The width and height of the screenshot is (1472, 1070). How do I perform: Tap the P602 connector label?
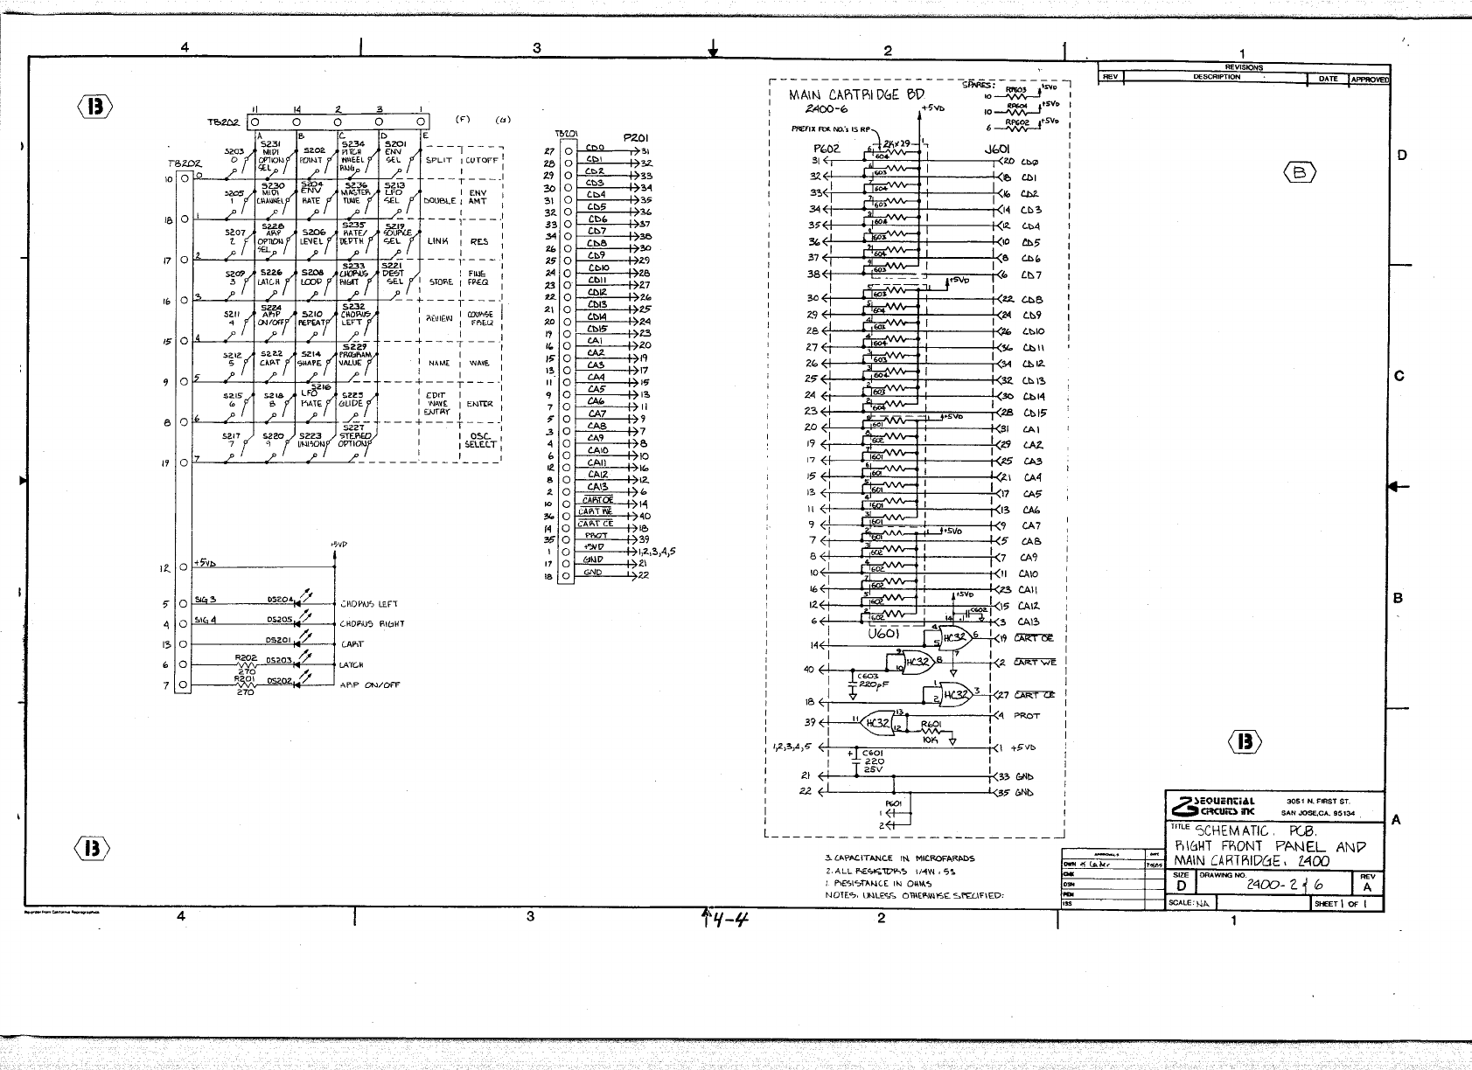click(x=827, y=149)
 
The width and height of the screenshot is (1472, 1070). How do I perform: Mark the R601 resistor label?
click(x=931, y=724)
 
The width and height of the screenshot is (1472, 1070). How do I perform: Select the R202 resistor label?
click(x=245, y=657)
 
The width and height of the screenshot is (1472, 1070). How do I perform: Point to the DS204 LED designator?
click(x=280, y=600)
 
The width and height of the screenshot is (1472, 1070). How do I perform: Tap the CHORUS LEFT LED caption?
click(x=369, y=604)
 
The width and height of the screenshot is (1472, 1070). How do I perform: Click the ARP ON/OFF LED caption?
click(x=369, y=685)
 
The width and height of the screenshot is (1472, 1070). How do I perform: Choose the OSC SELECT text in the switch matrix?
click(x=480, y=440)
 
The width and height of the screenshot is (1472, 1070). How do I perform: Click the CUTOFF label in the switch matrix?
click(x=481, y=160)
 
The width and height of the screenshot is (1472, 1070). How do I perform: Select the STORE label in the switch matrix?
click(x=441, y=282)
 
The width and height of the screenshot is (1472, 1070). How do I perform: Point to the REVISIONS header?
click(x=1243, y=67)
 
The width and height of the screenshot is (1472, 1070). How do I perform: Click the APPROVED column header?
click(x=1370, y=79)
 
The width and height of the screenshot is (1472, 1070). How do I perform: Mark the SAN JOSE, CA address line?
click(x=1318, y=813)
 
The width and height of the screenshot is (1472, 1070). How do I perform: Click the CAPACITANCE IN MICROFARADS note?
click(x=899, y=858)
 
